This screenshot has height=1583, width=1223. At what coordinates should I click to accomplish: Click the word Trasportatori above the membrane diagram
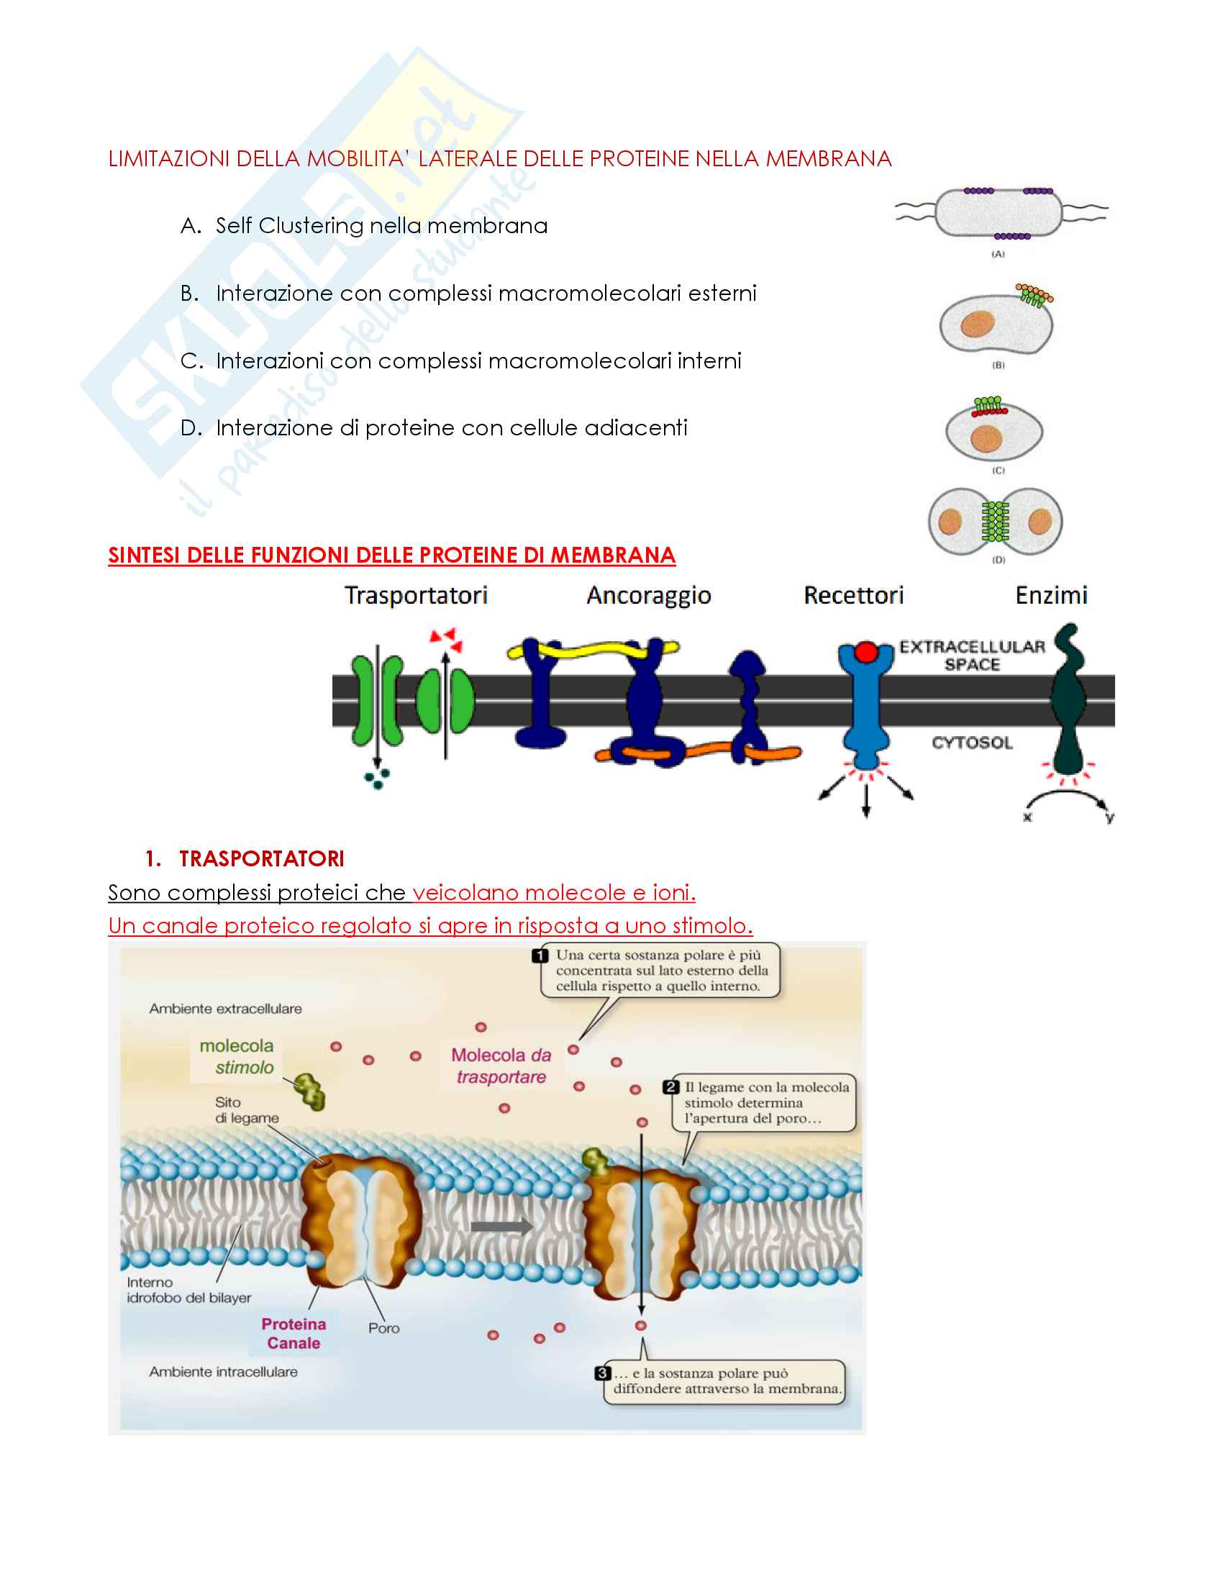pyautogui.click(x=416, y=595)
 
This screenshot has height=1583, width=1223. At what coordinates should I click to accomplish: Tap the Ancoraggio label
pyautogui.click(x=648, y=596)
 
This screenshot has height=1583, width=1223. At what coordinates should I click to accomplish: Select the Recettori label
pyautogui.click(x=853, y=595)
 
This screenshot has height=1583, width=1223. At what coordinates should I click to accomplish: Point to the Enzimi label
pyautogui.click(x=1051, y=595)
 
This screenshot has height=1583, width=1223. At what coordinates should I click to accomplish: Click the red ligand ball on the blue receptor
pyautogui.click(x=865, y=652)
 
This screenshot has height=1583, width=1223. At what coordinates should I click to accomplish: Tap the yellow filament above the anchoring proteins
pyautogui.click(x=594, y=650)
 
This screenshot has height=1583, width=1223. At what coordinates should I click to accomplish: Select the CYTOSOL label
pyautogui.click(x=973, y=743)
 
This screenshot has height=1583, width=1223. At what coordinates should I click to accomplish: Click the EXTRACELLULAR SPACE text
pyautogui.click(x=973, y=656)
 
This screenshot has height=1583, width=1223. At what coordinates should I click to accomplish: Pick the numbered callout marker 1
pyautogui.click(x=540, y=956)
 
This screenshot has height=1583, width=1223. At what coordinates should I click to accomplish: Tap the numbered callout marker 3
pyautogui.click(x=602, y=1373)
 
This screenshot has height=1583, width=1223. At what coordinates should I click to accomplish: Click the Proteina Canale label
pyautogui.click(x=294, y=1333)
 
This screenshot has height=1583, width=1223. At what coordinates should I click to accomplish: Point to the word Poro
pyautogui.click(x=384, y=1328)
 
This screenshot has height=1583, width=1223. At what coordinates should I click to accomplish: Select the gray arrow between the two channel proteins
pyautogui.click(x=501, y=1227)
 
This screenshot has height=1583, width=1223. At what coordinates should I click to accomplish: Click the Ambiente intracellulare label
pyautogui.click(x=223, y=1371)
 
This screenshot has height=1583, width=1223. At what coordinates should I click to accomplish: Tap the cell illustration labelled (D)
pyautogui.click(x=996, y=522)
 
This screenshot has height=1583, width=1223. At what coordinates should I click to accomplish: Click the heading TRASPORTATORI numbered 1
pyautogui.click(x=244, y=858)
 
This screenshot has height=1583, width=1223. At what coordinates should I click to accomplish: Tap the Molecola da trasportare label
pyautogui.click(x=501, y=1066)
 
